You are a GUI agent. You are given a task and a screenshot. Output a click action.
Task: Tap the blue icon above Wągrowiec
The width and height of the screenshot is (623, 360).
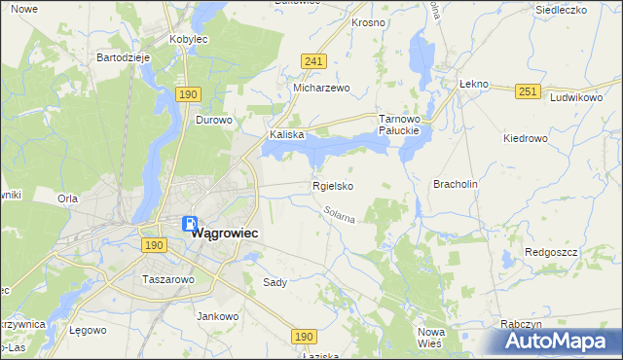[190, 224]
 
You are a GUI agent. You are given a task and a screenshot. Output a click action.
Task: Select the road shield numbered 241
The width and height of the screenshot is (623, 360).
[312, 61]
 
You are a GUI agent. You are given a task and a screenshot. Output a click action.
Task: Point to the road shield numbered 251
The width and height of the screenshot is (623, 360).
[528, 91]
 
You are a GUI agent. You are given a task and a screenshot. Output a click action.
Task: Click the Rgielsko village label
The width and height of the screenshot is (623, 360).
[332, 186]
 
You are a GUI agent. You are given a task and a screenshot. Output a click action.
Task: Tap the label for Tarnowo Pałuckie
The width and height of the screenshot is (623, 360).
[398, 124]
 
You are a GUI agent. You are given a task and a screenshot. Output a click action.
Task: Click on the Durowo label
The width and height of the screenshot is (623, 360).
[214, 121]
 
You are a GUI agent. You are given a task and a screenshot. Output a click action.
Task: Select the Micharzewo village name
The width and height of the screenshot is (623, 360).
[321, 88]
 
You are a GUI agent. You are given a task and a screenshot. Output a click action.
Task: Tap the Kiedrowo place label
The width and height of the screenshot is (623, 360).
[526, 138]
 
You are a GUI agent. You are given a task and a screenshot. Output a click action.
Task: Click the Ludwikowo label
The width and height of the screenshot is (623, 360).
[577, 98]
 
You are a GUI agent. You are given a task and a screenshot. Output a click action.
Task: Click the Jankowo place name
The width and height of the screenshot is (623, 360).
[218, 316]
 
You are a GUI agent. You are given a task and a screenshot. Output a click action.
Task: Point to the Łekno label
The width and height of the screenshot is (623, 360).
[472, 85]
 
